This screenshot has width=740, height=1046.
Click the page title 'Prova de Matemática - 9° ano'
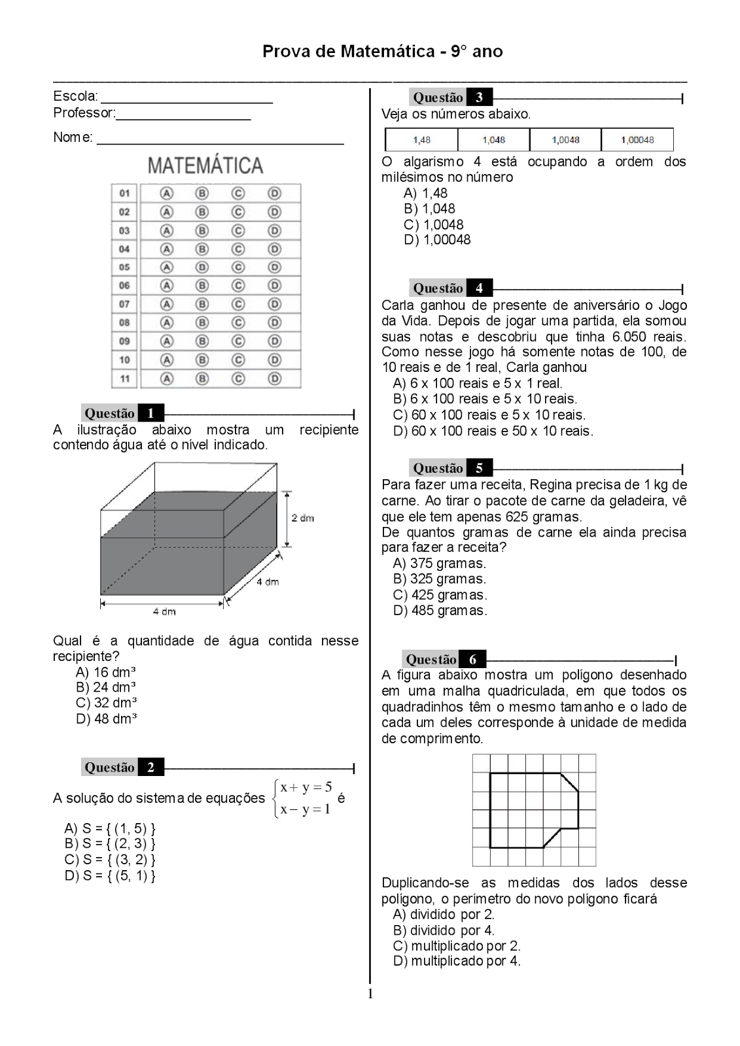pyautogui.click(x=382, y=52)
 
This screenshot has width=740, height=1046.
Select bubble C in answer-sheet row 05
pyautogui.click(x=238, y=267)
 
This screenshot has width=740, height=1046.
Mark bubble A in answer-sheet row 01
pyautogui.click(x=167, y=194)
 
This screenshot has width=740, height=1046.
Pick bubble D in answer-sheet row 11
pyautogui.click(x=274, y=379)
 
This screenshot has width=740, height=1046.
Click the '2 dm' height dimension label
pyautogui.click(x=303, y=518)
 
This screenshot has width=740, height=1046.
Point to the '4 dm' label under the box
pyautogui.click(x=164, y=612)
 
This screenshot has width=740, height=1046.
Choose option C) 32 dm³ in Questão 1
pyautogui.click(x=106, y=703)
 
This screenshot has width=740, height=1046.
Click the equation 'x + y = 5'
pyautogui.click(x=306, y=787)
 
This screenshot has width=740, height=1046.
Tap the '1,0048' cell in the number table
pyautogui.click(x=565, y=140)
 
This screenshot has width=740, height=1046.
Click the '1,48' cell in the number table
pyautogui.click(x=421, y=140)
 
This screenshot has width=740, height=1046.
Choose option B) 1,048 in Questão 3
pyautogui.click(x=429, y=209)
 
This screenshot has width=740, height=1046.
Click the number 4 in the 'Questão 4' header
pyautogui.click(x=479, y=288)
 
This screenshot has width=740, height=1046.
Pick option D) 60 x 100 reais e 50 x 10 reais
pyautogui.click(x=493, y=431)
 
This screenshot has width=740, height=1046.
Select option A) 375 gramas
pyautogui.click(x=439, y=564)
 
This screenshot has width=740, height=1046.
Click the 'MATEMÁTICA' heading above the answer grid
pyautogui.click(x=205, y=165)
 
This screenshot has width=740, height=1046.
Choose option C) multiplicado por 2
pyautogui.click(x=457, y=946)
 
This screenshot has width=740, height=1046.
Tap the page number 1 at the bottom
pyautogui.click(x=370, y=994)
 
